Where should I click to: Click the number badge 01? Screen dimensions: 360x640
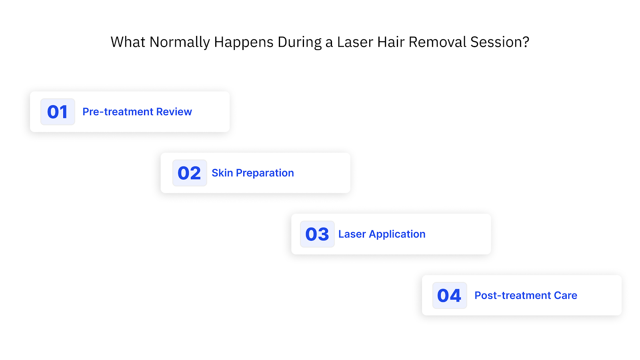pyautogui.click(x=58, y=112)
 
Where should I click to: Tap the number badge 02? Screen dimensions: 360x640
pyautogui.click(x=189, y=173)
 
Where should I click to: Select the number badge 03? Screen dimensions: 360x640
pyautogui.click(x=317, y=234)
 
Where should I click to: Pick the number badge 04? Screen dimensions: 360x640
pyautogui.click(x=449, y=295)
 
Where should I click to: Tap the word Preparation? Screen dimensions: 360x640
pyautogui.click(x=265, y=173)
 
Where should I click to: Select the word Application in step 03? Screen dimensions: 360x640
pyautogui.click(x=397, y=234)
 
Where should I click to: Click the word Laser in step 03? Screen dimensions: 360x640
pyautogui.click(x=352, y=234)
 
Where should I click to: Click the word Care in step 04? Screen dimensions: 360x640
pyautogui.click(x=566, y=295)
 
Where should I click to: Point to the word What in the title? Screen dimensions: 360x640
pyautogui.click(x=128, y=42)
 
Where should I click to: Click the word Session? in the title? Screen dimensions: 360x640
pyautogui.click(x=500, y=42)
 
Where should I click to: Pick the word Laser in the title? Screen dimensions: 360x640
pyautogui.click(x=355, y=42)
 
